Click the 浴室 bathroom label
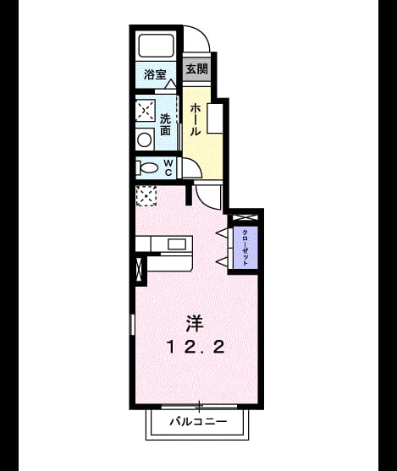point(155,74)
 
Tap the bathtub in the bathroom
point(156,45)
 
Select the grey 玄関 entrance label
point(196,69)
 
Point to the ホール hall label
point(196,119)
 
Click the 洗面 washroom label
point(165,124)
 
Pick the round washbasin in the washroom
point(145,140)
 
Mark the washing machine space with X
point(146,111)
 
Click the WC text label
point(168,168)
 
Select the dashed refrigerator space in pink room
point(146,196)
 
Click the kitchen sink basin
point(177,244)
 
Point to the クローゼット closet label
point(245,248)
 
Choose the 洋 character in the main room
point(194,324)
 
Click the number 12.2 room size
point(196,348)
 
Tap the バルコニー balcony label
point(198,422)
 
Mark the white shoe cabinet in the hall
point(215,118)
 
